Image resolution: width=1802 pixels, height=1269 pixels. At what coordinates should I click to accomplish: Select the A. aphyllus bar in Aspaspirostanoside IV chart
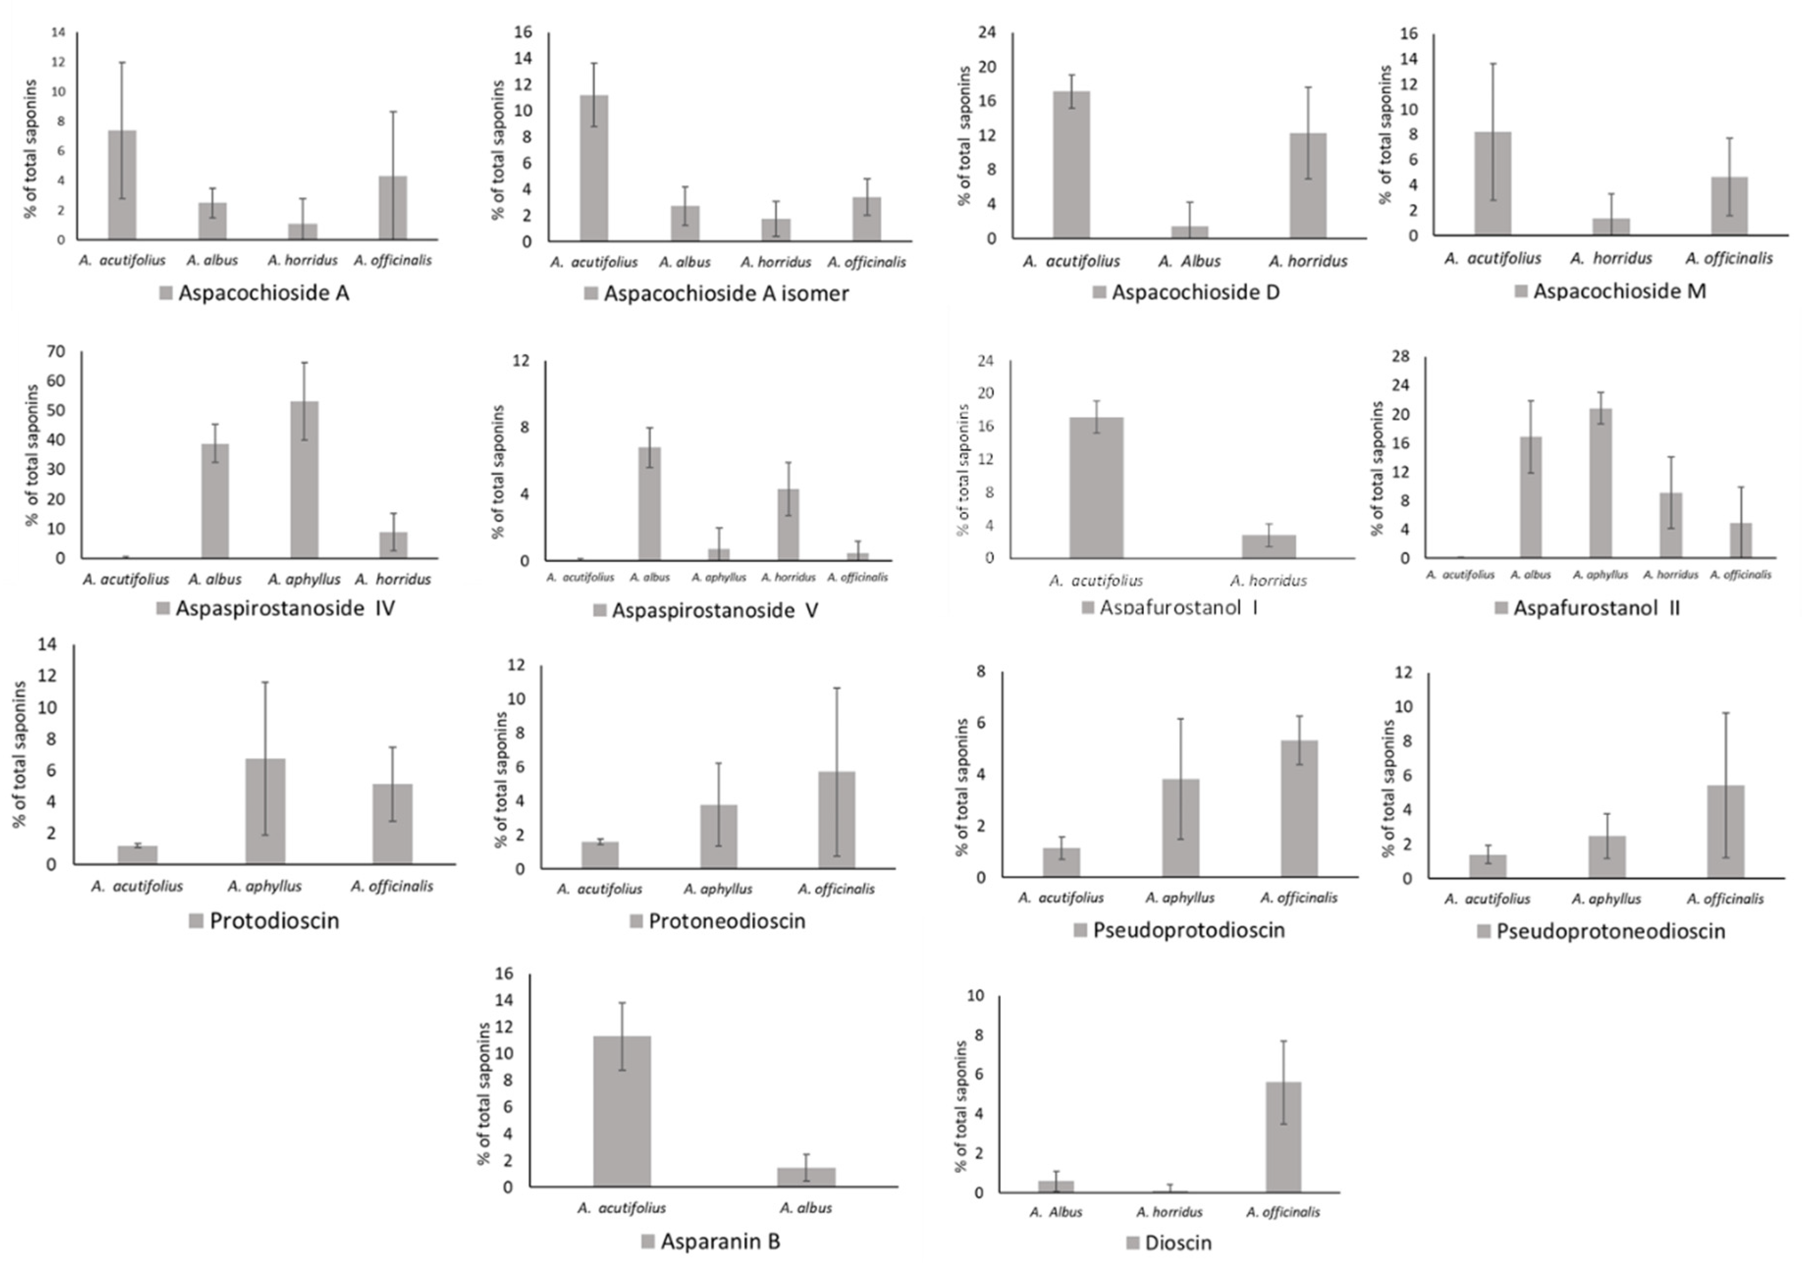pos(305,480)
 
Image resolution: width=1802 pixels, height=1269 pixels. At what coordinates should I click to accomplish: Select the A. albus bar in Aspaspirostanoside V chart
pos(650,503)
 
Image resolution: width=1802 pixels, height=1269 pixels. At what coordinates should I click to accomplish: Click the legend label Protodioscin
pos(274,920)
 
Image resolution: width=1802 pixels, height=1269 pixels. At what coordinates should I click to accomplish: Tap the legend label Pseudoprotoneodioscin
pos(1611,931)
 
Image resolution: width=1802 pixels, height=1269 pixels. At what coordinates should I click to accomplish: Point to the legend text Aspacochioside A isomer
pos(726,294)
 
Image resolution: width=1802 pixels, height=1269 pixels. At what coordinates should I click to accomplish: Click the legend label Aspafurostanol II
pos(1596,608)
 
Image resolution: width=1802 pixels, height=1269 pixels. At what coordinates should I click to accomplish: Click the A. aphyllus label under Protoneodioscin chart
pos(717,889)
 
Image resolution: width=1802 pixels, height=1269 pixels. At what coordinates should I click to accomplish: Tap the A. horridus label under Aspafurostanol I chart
pos(1268,580)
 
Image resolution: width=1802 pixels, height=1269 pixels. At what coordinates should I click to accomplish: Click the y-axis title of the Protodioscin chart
pos(19,755)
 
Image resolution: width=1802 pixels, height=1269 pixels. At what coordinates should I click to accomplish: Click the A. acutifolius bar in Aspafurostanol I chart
pos(1096,487)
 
